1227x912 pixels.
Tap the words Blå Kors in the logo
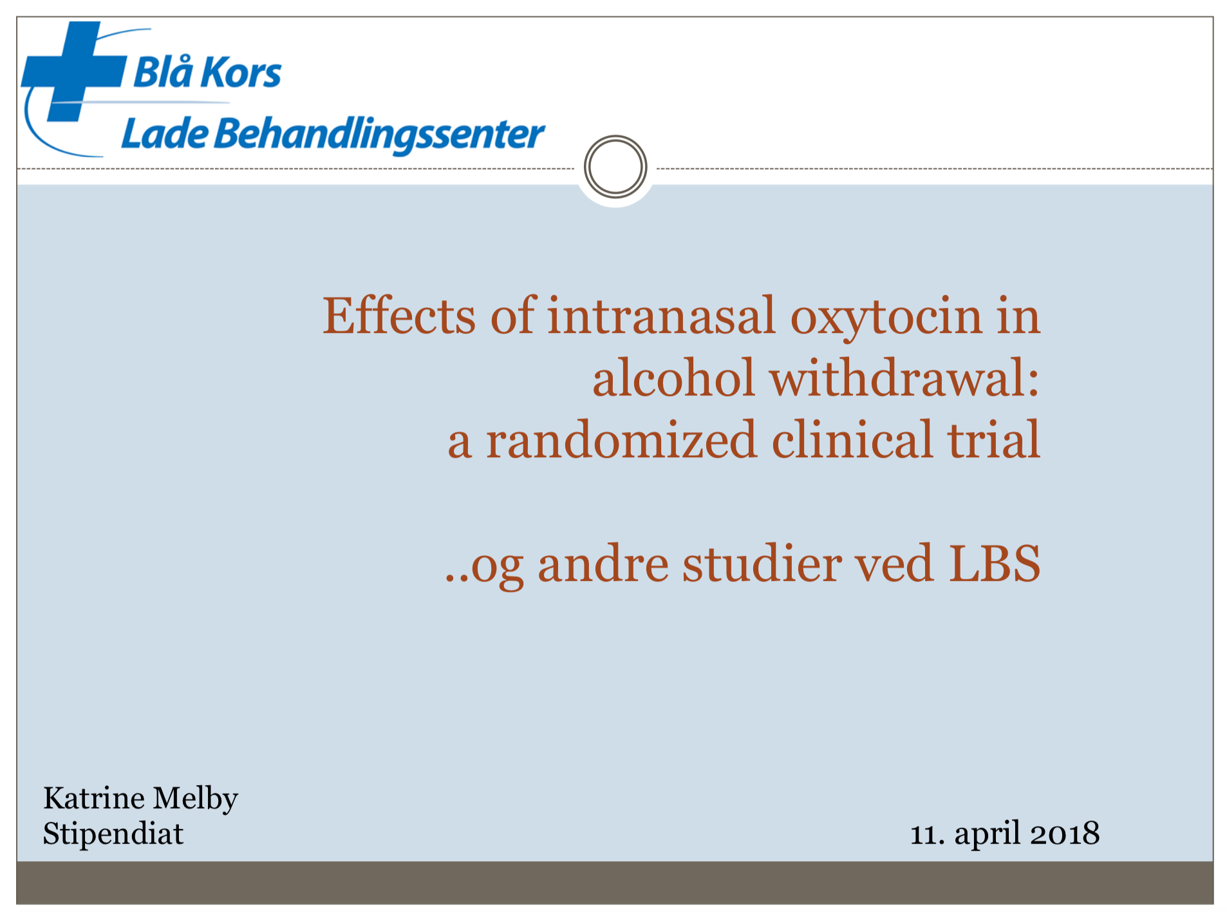click(207, 71)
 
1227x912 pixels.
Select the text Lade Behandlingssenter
click(333, 135)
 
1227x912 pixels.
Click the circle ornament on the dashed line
click(615, 166)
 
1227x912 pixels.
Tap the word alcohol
click(673, 377)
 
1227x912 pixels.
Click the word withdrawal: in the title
click(904, 377)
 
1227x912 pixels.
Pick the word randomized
click(621, 440)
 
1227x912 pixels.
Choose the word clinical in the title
click(852, 439)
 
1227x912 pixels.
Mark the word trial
click(993, 439)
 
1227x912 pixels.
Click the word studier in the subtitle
click(762, 564)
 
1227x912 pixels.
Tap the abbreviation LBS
click(995, 564)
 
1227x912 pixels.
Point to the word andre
click(603, 564)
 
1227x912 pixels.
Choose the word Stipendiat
click(113, 833)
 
